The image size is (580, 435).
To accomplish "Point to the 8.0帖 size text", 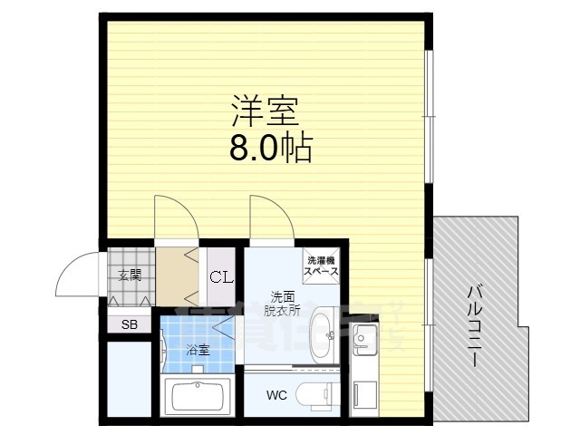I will (x=270, y=147).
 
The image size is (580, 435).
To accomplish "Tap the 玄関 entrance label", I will (x=129, y=275).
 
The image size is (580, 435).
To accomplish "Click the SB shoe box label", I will (x=130, y=324).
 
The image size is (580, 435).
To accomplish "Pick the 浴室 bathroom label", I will (x=198, y=349).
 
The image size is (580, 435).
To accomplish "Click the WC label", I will (x=277, y=395).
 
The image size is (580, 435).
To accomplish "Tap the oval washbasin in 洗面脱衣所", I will (x=323, y=333).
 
